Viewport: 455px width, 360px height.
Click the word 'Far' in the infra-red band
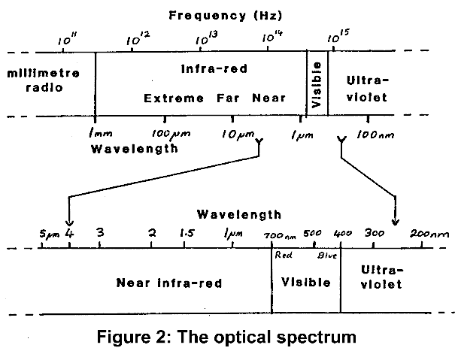coord(222,98)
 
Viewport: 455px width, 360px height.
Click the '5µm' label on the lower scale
coord(48,234)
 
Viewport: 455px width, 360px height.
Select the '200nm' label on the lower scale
coord(429,234)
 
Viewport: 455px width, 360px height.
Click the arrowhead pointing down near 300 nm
coord(396,220)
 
